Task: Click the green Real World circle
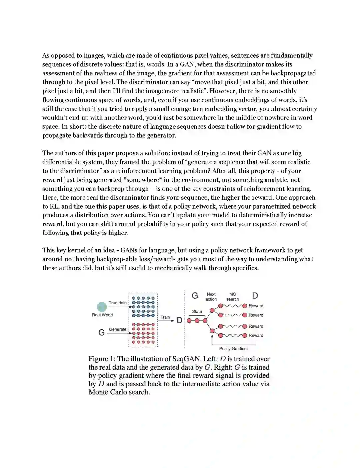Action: pos(102,307)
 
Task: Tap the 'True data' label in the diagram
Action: pos(118,303)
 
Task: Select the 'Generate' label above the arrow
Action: pos(118,329)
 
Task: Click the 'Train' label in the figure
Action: pos(165,317)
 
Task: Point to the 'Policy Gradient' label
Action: pos(233,349)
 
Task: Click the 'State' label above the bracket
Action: pos(197,312)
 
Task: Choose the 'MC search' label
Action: pos(233,297)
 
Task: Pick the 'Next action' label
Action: pos(211,297)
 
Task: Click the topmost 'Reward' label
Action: pos(256,306)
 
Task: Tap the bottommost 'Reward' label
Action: pos(256,336)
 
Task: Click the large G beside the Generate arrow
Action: pos(102,332)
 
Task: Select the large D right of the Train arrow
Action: pos(179,321)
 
